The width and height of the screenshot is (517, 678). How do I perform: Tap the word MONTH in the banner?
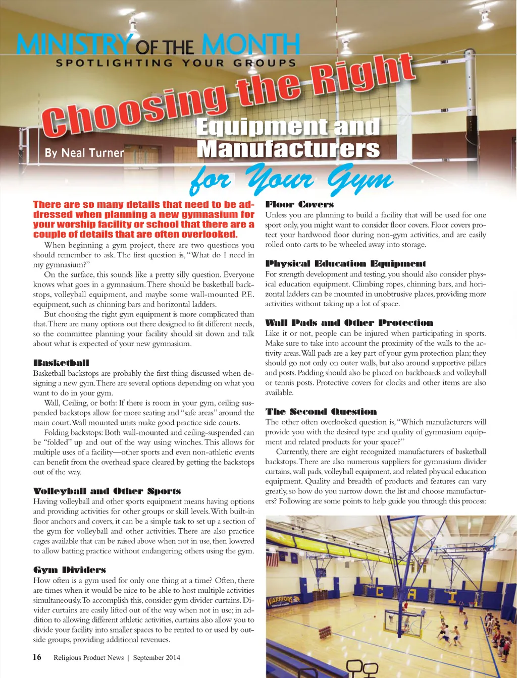pyautogui.click(x=251, y=45)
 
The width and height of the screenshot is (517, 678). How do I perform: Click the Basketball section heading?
pyautogui.click(x=61, y=363)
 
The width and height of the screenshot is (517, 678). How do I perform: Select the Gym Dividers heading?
pyautogui.click(x=70, y=570)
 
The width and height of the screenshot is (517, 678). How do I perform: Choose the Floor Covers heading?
pyautogui.click(x=299, y=204)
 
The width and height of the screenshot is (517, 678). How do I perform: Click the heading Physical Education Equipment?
pyautogui.click(x=345, y=263)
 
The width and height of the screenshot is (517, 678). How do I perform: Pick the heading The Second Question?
pyautogui.click(x=321, y=412)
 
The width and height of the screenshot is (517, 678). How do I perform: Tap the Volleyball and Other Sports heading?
pyautogui.click(x=107, y=491)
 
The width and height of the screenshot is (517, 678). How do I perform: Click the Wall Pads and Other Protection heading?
pyautogui.click(x=349, y=323)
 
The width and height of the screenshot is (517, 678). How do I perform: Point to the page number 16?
pyautogui.click(x=37, y=657)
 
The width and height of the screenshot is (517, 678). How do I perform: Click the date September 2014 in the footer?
pyautogui.click(x=157, y=657)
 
